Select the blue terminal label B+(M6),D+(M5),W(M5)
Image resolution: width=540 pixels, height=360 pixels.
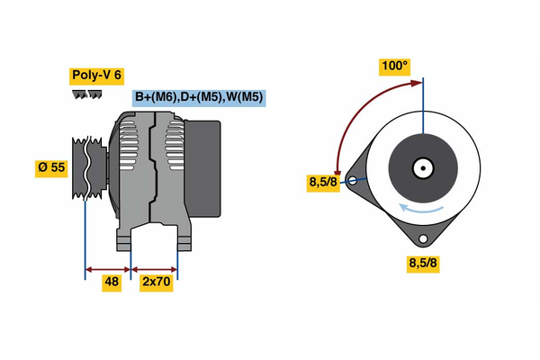(199, 97)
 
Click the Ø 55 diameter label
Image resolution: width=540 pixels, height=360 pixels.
(51, 167)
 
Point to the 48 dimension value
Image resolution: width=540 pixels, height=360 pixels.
(112, 282)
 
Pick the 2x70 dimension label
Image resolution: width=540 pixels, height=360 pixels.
(157, 282)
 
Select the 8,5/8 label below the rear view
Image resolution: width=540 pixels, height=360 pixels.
(422, 263)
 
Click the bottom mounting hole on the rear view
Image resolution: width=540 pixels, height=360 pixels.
(422, 239)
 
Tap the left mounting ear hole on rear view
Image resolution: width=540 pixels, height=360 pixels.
(355, 180)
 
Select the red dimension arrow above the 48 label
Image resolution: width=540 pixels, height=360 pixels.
(108, 268)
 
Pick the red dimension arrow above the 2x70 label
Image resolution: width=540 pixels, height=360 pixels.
(155, 268)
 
